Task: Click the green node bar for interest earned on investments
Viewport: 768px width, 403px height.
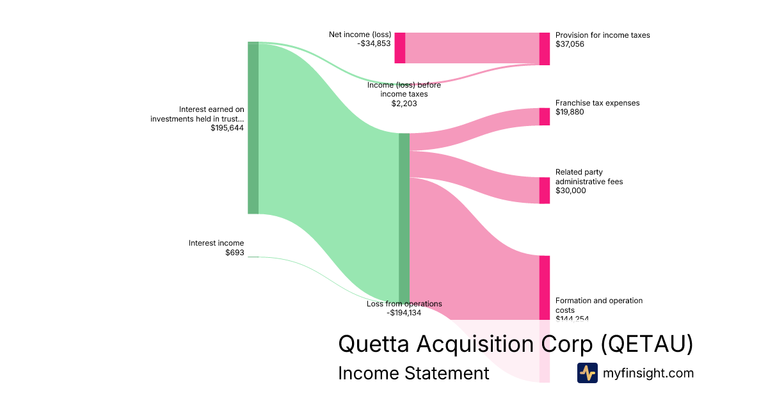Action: pyautogui.click(x=253, y=128)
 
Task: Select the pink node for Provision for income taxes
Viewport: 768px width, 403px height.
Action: pyautogui.click(x=545, y=49)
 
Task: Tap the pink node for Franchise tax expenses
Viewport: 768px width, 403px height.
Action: pyautogui.click(x=545, y=116)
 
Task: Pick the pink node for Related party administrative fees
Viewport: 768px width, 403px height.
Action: pyautogui.click(x=545, y=191)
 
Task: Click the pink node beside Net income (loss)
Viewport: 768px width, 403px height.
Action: pyautogui.click(x=399, y=48)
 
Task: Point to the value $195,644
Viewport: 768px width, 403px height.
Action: pyautogui.click(x=227, y=128)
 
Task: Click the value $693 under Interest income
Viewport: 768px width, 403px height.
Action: pyautogui.click(x=234, y=253)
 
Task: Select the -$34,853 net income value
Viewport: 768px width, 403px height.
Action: pyautogui.click(x=374, y=44)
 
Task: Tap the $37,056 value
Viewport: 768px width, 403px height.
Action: pyautogui.click(x=570, y=44)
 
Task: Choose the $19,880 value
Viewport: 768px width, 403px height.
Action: pyautogui.click(x=570, y=112)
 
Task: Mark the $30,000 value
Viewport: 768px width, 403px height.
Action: pyautogui.click(x=570, y=191)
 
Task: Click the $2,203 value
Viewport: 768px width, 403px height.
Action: pyautogui.click(x=404, y=103)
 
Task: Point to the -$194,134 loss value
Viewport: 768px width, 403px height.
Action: pyautogui.click(x=404, y=313)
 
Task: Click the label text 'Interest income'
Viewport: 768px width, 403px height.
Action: pyautogui.click(x=216, y=243)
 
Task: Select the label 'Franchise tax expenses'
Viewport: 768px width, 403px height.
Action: pyautogui.click(x=597, y=103)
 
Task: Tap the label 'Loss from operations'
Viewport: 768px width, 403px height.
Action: pyautogui.click(x=404, y=304)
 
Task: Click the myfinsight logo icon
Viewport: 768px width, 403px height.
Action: pyautogui.click(x=587, y=373)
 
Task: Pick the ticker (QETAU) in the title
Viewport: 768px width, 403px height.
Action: pyautogui.click(x=646, y=344)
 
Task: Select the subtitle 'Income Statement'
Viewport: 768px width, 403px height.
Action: pyautogui.click(x=413, y=374)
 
